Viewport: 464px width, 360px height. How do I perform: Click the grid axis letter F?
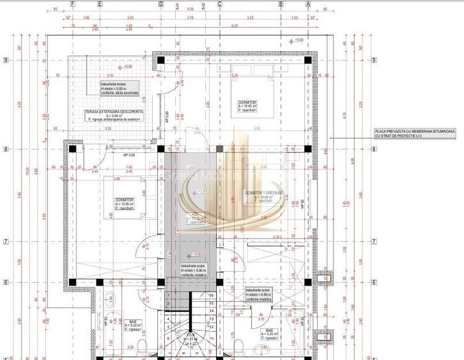pos(72,3)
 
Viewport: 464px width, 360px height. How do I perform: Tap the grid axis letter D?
pos(160,3)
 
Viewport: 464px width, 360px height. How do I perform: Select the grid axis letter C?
pos(220,3)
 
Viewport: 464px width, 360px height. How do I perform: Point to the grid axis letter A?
pos(308,3)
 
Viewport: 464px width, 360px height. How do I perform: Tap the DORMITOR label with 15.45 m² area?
pos(247,105)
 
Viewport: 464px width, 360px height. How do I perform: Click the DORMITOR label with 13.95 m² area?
pos(125,203)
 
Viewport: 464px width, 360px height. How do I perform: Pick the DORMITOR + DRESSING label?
pos(263,194)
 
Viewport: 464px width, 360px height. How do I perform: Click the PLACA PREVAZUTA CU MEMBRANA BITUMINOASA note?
pos(415,133)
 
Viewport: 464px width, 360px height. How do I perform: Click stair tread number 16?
pos(211,295)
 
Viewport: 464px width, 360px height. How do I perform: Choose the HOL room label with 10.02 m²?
pos(194,217)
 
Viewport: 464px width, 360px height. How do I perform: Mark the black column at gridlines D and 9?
pos(160,60)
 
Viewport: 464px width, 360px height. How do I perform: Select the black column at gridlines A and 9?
pos(307,60)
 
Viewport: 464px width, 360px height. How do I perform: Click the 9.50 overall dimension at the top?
pos(190,10)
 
